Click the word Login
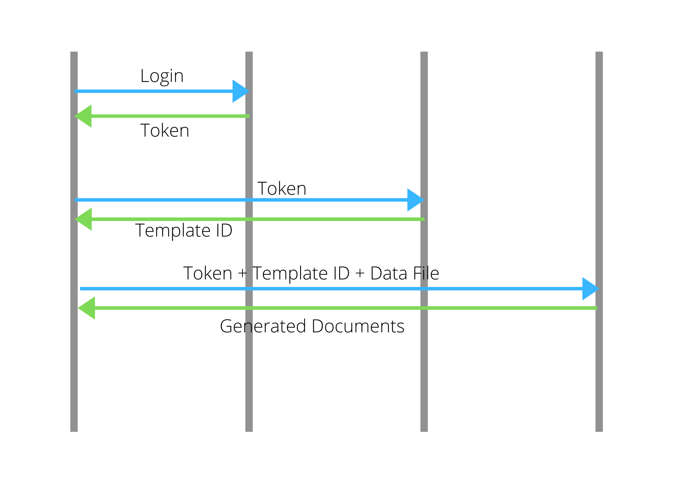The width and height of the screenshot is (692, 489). tap(162, 76)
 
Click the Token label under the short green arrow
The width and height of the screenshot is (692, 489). tap(165, 130)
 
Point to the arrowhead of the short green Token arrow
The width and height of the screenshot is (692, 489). tap(84, 116)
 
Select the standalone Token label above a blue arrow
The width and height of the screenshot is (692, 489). tap(282, 188)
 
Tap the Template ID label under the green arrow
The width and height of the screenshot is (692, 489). tap(184, 230)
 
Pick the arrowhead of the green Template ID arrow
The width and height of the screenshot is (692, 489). tap(84, 219)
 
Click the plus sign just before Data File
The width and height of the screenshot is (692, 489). tap(360, 274)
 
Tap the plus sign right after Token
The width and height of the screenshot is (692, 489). tap(242, 274)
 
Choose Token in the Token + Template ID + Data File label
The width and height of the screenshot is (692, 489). tap(208, 273)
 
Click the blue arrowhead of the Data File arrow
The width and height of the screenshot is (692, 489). tap(590, 288)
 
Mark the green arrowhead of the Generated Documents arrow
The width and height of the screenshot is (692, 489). tap(87, 308)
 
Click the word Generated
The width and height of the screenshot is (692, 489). tap(263, 326)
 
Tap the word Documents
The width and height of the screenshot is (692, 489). tap(358, 326)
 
